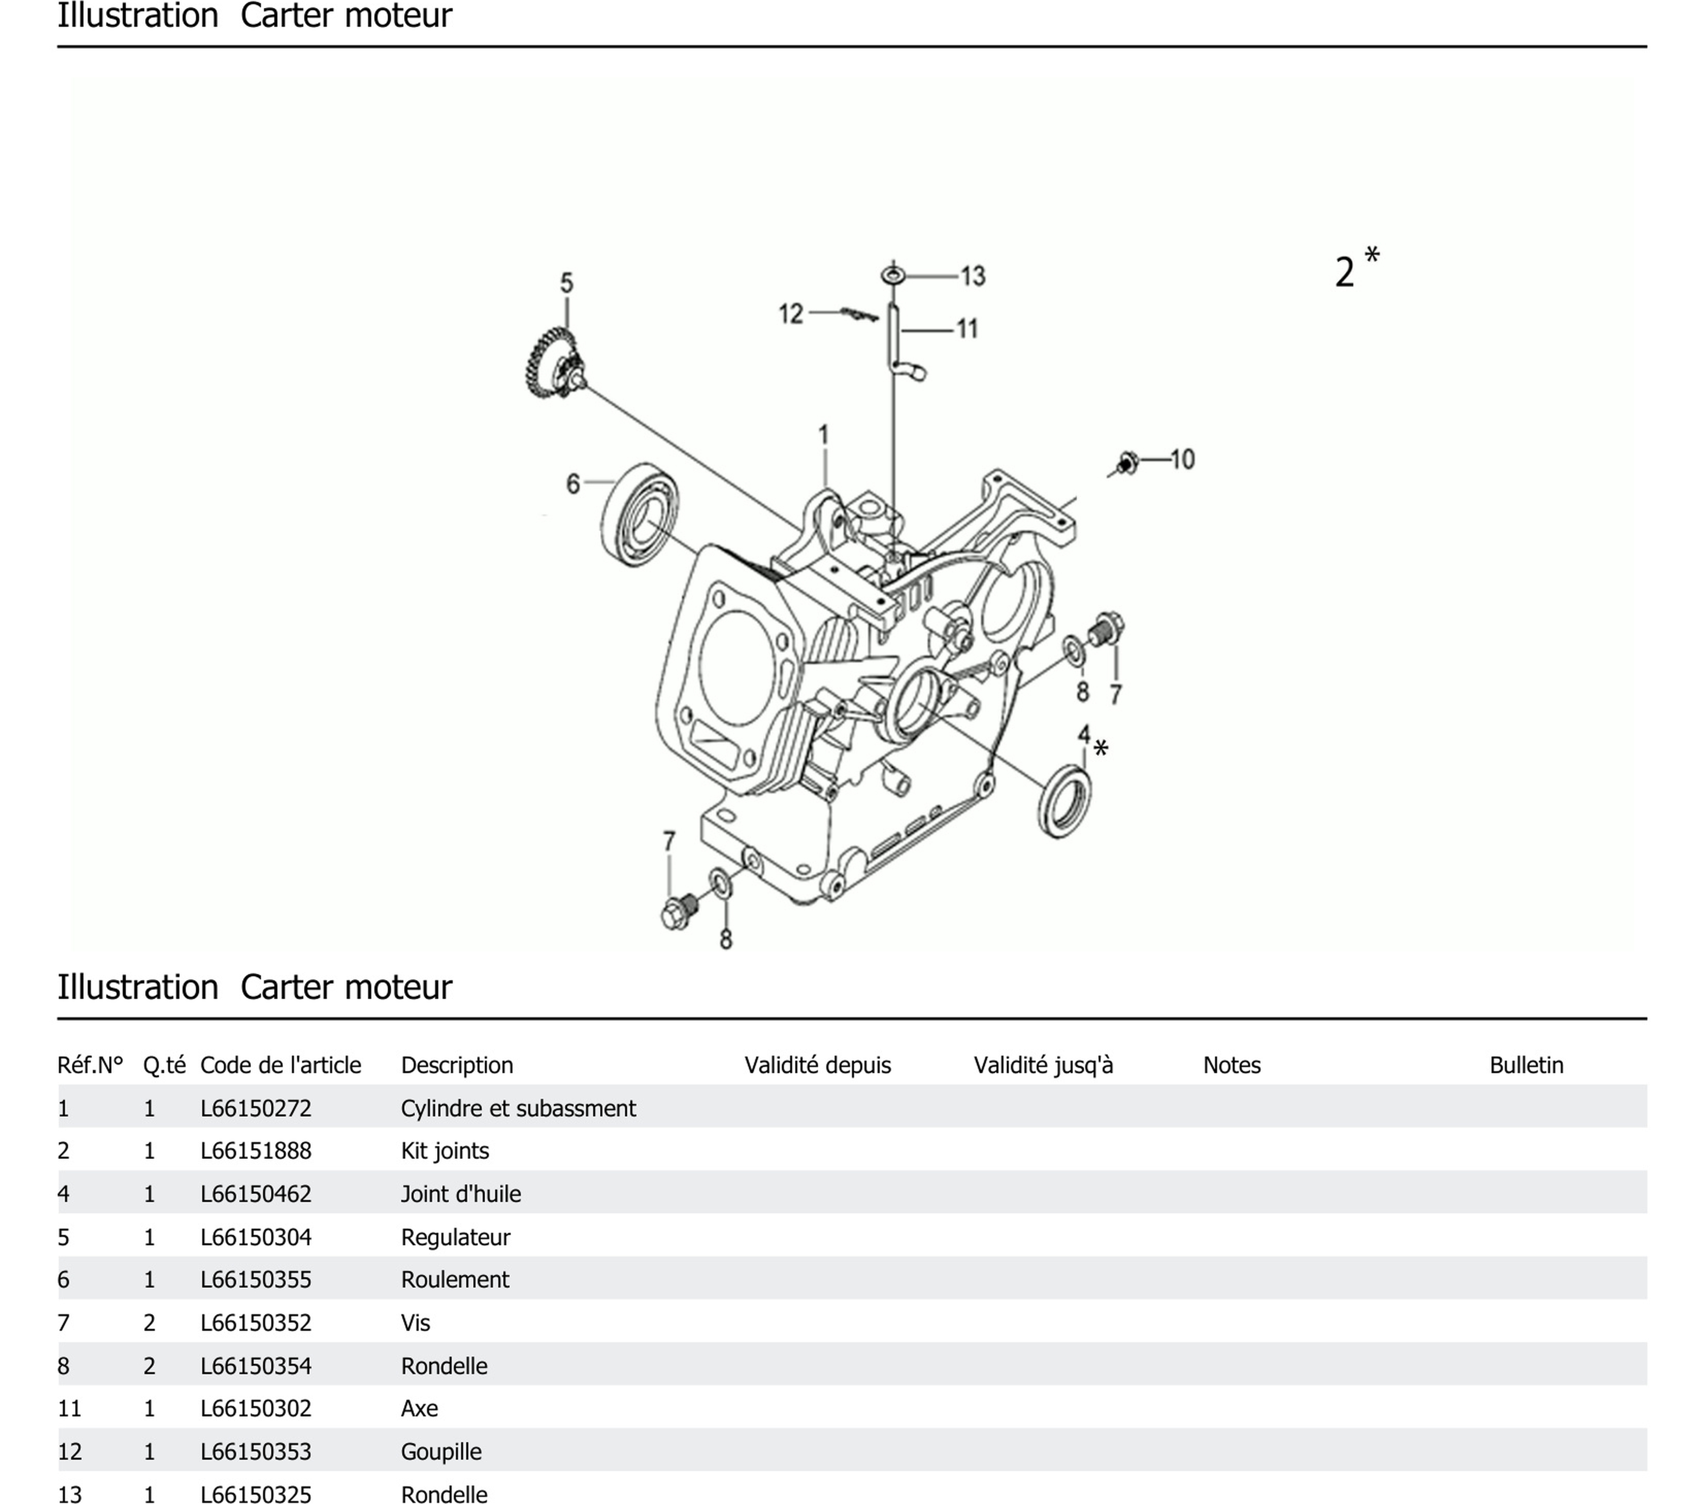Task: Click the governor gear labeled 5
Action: coord(552,364)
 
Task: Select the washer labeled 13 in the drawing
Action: coord(893,275)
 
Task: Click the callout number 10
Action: coord(1182,459)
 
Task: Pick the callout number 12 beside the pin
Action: coord(790,314)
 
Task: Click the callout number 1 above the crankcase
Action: coord(823,435)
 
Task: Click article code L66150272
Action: coord(255,1108)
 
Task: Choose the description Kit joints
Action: coord(445,1150)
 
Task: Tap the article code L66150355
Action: coord(255,1279)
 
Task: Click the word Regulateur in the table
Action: coord(455,1236)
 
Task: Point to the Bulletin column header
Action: coord(1526,1065)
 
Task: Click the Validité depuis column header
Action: coord(817,1065)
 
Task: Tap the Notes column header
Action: coord(1231,1065)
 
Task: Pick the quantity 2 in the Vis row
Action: coord(150,1322)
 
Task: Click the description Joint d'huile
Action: coord(461,1194)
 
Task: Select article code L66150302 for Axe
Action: coord(255,1408)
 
